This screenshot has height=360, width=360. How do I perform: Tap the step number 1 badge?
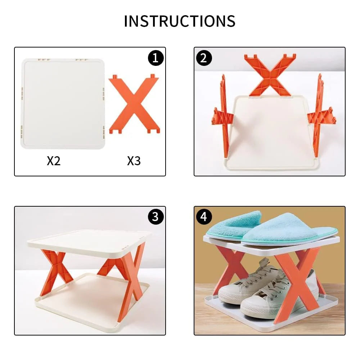click(156, 58)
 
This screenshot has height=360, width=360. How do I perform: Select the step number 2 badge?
click(204, 58)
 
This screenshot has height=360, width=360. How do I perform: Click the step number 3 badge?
click(156, 217)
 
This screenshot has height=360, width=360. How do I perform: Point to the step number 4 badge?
click(204, 217)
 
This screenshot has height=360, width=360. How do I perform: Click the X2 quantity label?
click(54, 161)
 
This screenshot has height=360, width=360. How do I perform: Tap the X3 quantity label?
click(134, 161)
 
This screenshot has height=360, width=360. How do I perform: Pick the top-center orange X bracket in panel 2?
click(270, 75)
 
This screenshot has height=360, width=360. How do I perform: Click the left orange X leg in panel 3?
click(53, 272)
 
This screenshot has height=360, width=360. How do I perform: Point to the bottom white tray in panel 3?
click(90, 302)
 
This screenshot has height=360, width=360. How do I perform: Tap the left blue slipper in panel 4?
click(234, 225)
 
